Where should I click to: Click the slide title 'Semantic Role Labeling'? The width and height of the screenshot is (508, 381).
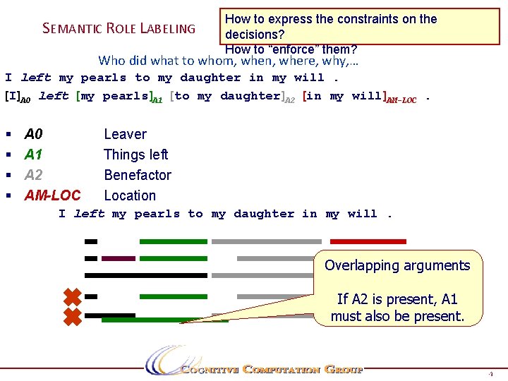[119, 28]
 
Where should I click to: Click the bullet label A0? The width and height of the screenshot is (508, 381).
[33, 134]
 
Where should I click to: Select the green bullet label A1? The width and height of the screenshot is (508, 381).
[33, 155]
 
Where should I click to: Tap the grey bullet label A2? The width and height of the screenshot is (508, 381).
[33, 175]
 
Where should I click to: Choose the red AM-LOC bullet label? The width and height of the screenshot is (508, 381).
[52, 195]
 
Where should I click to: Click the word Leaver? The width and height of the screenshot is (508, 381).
[125, 134]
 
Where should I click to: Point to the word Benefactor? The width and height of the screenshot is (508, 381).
[137, 175]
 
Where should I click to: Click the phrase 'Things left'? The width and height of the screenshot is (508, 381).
[135, 155]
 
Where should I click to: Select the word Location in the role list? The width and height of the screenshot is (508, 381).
[130, 195]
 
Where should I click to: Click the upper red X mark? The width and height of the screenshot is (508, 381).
[72, 297]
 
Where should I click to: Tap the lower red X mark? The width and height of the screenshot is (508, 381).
[72, 317]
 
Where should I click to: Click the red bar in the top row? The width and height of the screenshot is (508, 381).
[368, 241]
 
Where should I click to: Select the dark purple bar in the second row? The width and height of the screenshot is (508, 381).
[118, 259]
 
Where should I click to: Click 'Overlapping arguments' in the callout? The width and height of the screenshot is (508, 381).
[397, 266]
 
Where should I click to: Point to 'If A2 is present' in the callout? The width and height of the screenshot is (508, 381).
[397, 298]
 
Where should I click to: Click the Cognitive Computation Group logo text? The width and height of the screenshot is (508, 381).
[272, 369]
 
